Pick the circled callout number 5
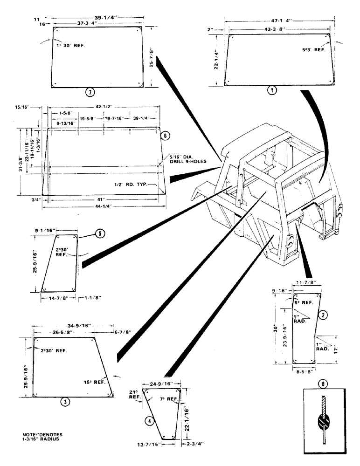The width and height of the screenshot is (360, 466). (x=99, y=234)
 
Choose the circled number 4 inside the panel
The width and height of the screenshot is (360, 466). (x=149, y=421)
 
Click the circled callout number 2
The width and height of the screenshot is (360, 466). (x=323, y=315)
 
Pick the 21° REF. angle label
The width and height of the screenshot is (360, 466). (x=133, y=396)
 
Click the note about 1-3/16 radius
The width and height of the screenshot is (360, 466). (x=44, y=436)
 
